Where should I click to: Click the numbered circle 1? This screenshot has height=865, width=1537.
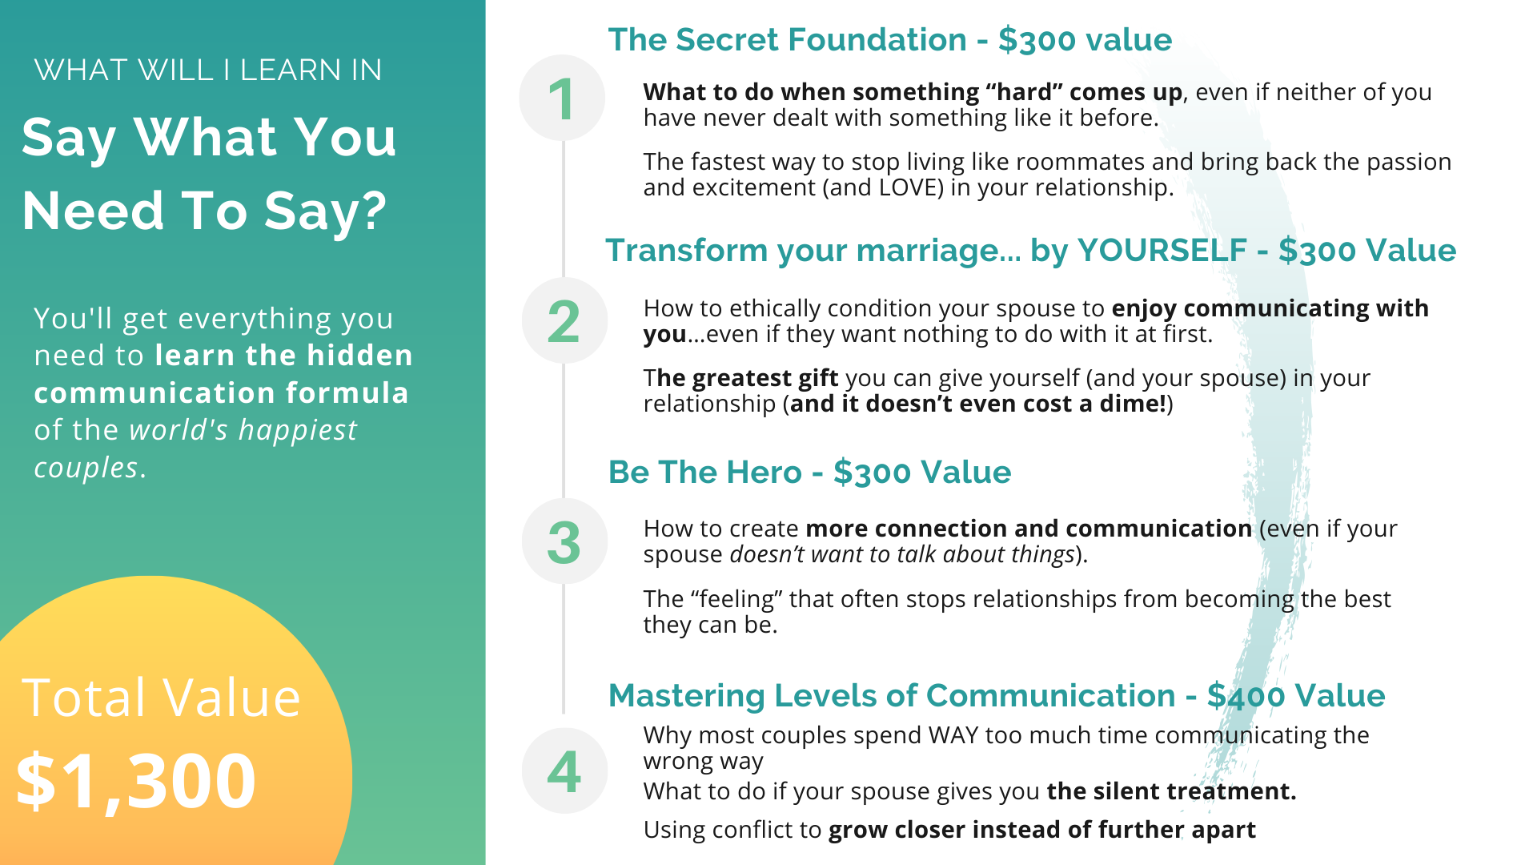pos(562,98)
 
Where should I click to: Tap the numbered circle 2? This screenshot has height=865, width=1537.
pos(564,320)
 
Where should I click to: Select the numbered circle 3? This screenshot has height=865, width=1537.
pos(564,541)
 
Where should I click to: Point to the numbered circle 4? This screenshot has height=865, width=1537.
pos(564,770)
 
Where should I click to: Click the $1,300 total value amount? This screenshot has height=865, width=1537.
pos(136,782)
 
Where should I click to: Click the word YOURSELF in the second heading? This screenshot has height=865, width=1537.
pos(1162,251)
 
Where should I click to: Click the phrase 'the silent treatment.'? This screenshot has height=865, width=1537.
pos(1171,791)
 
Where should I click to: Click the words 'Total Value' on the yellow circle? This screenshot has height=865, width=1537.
pos(161,697)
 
